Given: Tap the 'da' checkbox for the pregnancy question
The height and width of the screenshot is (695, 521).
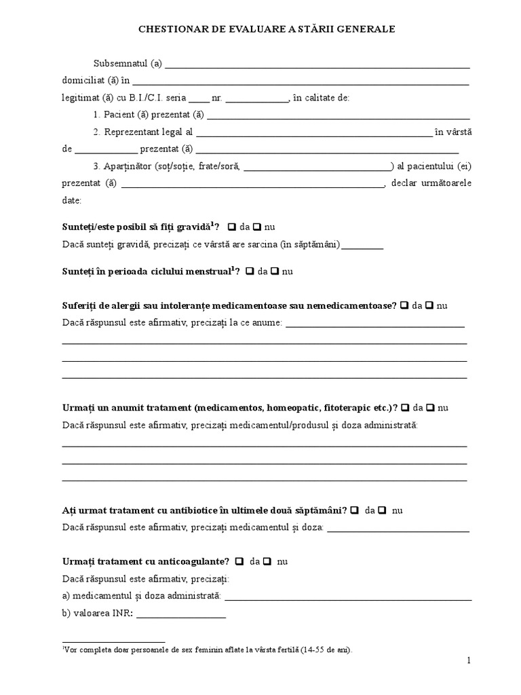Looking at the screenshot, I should coord(232,227).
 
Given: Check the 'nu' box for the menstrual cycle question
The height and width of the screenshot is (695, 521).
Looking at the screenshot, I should coord(275,271).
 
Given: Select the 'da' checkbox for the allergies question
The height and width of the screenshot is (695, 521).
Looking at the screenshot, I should coord(405,305).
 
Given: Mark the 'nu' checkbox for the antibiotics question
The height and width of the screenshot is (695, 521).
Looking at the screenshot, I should coord(383,510).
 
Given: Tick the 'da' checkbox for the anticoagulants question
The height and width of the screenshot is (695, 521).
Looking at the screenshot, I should coord(240,561).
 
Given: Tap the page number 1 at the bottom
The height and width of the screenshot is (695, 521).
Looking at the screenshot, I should coord(468,660).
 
